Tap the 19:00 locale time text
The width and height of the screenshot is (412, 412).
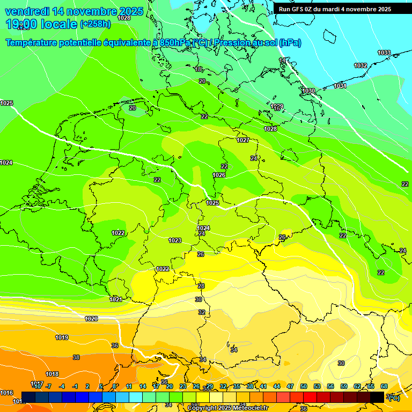pyautogui.click(x=41, y=24)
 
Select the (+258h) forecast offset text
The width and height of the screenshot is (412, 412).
pyautogui.click(x=95, y=24)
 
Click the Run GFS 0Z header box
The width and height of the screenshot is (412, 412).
pyautogui.click(x=335, y=9)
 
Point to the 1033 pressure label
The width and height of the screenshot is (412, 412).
pyautogui.click(x=384, y=53)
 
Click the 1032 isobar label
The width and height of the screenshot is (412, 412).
pyautogui.click(x=360, y=65)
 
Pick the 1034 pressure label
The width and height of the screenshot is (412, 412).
pyautogui.click(x=340, y=86)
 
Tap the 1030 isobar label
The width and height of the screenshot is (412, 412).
pyautogui.click(x=308, y=91)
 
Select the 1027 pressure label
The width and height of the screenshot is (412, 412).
pyautogui.click(x=243, y=140)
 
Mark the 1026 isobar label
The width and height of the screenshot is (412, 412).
pyautogui.click(x=219, y=175)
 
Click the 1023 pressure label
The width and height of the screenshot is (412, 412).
pyautogui.click(x=175, y=240)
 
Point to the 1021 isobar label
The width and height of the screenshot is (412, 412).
pyautogui.click(x=115, y=299)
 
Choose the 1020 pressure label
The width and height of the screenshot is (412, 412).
pyautogui.click(x=91, y=319)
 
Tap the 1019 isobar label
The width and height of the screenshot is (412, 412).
pyautogui.click(x=62, y=337)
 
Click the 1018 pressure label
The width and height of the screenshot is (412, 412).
pyautogui.click(x=52, y=374)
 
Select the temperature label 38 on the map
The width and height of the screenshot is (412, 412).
pyautogui.click(x=76, y=357)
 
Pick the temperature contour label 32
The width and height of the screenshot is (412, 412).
pyautogui.click(x=202, y=312)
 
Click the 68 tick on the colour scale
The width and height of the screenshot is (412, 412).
pyautogui.click(x=384, y=386)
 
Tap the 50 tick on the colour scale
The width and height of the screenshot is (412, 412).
pyautogui.click(x=304, y=386)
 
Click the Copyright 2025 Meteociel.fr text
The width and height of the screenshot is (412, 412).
pyautogui.click(x=227, y=408)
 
